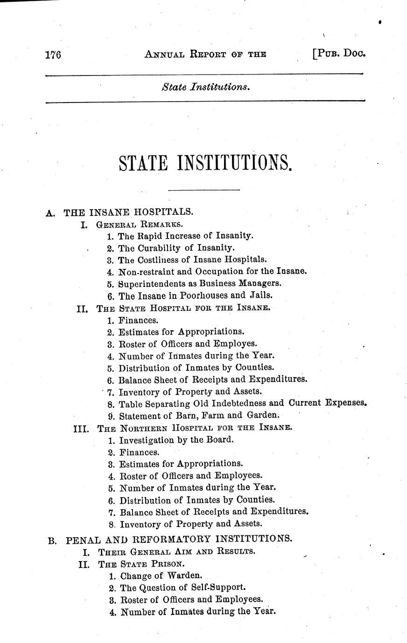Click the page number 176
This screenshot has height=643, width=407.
(54, 55)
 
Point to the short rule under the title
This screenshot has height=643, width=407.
(203, 190)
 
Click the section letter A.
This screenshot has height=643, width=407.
(50, 213)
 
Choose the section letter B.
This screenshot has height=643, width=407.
(52, 540)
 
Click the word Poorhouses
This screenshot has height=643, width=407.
(203, 295)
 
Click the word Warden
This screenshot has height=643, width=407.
(181, 575)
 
